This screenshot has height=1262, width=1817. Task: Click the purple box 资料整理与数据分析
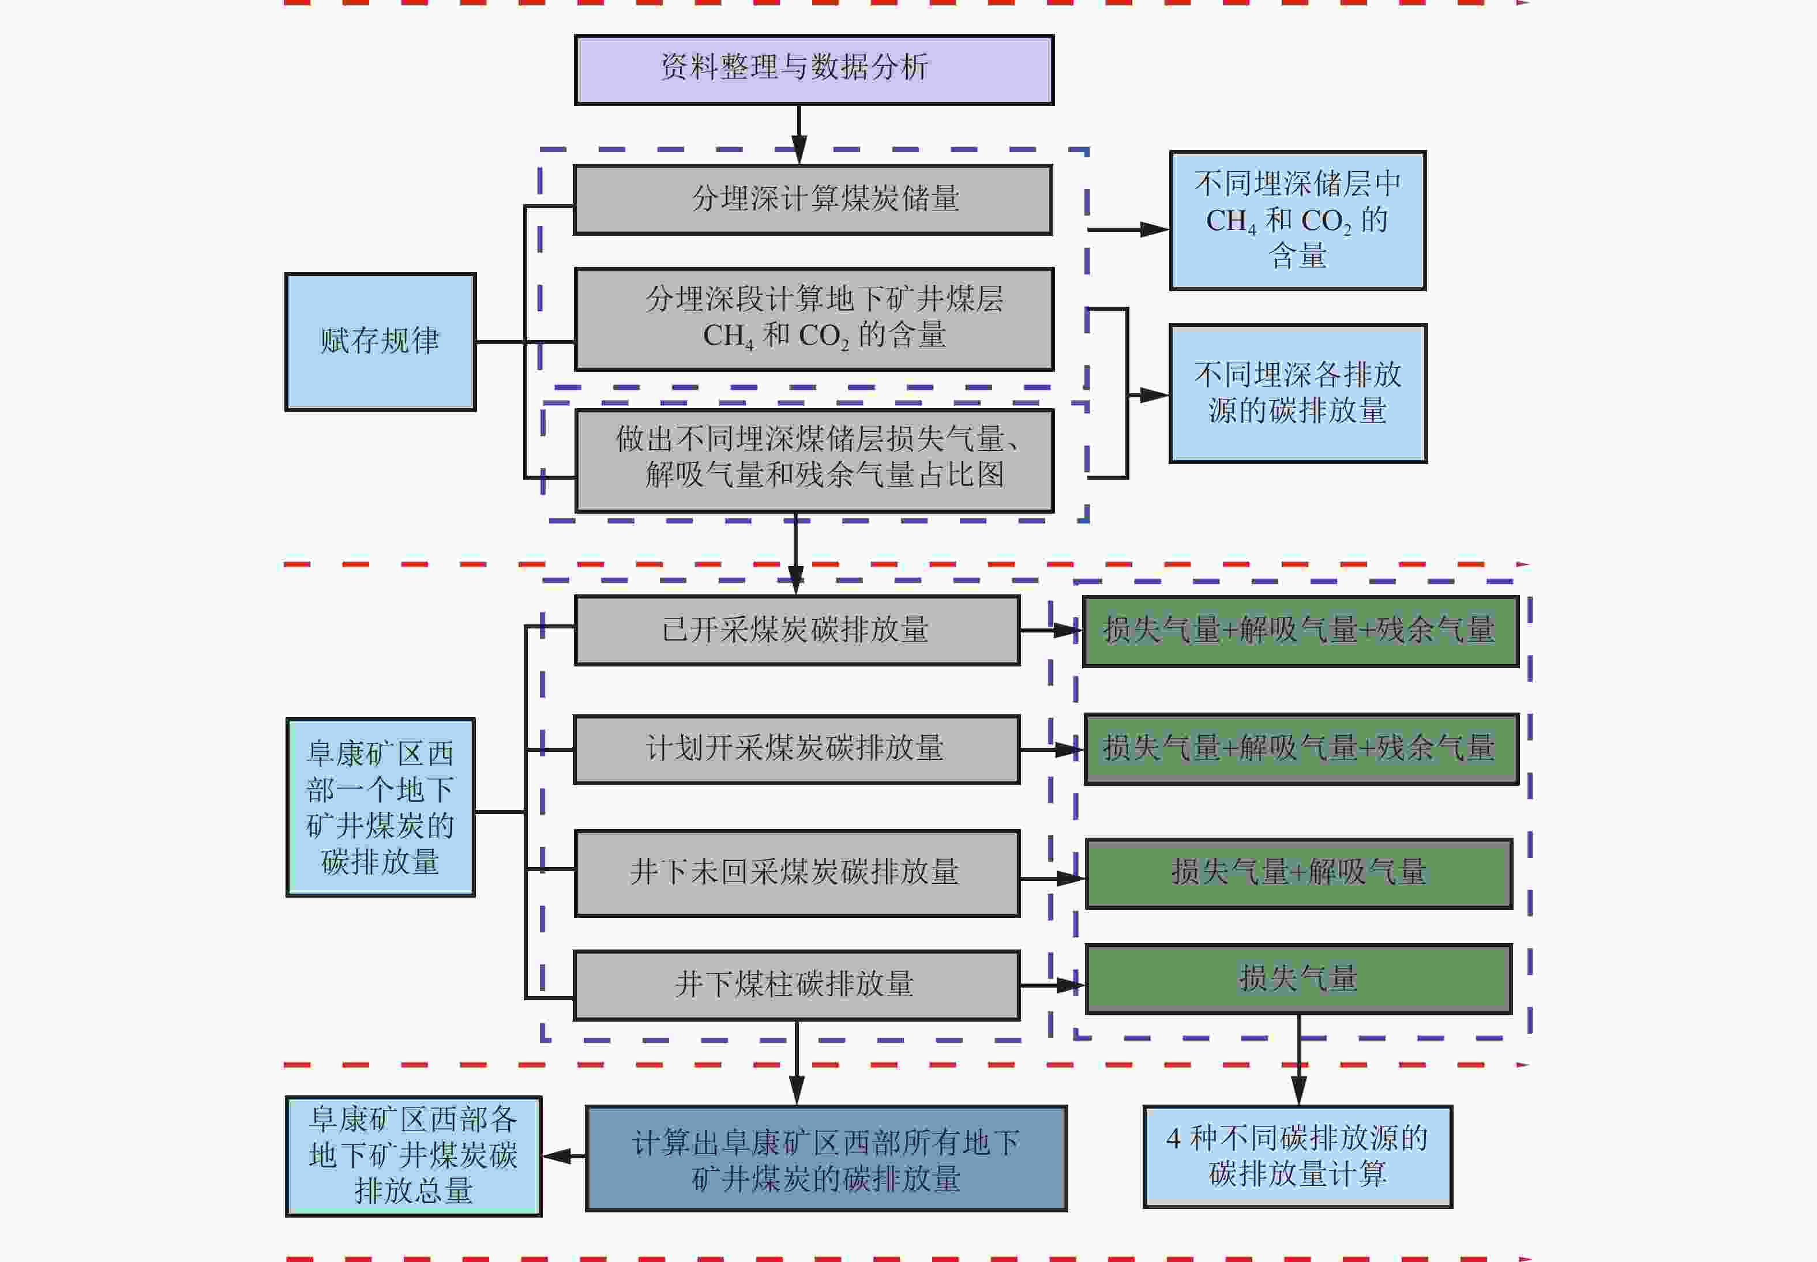point(814,70)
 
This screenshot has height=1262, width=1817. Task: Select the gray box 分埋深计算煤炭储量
point(812,199)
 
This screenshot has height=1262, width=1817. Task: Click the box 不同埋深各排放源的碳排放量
point(1297,393)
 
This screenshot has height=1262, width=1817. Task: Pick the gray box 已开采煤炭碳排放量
point(796,630)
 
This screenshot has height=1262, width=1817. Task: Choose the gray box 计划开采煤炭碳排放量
point(796,749)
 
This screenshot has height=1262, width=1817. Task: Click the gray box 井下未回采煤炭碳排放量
point(796,873)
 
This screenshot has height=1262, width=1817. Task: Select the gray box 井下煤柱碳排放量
point(796,985)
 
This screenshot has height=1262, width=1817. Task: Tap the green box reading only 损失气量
point(1298,979)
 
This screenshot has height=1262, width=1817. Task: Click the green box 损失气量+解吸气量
point(1298,873)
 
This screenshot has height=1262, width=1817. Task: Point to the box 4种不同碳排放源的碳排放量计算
point(1297,1156)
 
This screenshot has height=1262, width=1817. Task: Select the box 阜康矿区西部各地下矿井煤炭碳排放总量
point(413,1156)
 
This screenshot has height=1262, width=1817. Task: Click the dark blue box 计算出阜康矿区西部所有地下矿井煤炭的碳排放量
point(826,1158)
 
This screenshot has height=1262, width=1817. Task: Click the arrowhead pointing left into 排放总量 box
point(556,1156)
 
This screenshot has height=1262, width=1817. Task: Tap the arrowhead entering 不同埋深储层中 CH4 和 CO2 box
point(1155,229)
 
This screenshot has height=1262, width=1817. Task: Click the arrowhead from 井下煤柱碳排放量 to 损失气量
point(1072,985)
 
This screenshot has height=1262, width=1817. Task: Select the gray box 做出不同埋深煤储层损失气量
point(814,460)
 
